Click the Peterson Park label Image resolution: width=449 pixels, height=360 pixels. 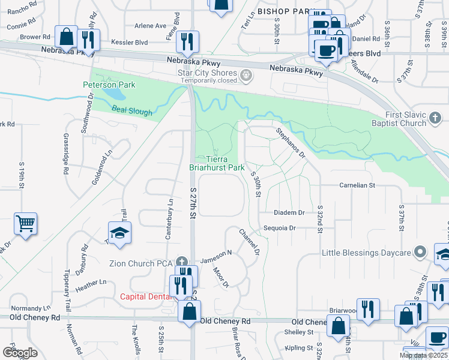[109, 85]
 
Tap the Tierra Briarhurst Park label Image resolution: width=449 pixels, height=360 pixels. [217, 163]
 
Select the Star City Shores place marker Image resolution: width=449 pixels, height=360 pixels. [246, 75]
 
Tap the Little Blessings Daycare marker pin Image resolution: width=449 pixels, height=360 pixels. [421, 252]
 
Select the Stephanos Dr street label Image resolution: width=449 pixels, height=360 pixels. [291, 143]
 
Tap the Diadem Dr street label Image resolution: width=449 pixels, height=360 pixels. [289, 213]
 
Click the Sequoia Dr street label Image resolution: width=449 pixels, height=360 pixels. [280, 228]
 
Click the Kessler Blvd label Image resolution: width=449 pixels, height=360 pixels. [129, 43]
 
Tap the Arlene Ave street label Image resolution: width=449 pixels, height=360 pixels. [150, 26]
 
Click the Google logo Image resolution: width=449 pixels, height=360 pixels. [20, 353]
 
